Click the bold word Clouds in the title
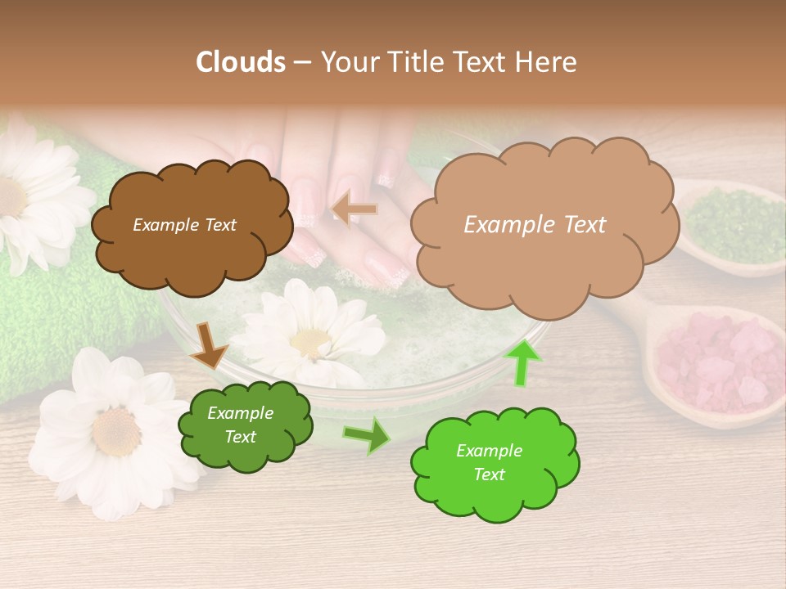pyautogui.click(x=241, y=61)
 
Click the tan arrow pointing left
pyautogui.click(x=355, y=209)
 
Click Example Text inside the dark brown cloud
pyautogui.click(x=184, y=225)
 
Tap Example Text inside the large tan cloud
pyautogui.click(x=535, y=224)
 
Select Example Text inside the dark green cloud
pyautogui.click(x=240, y=425)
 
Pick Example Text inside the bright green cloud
pyautogui.click(x=489, y=462)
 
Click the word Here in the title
pyautogui.click(x=549, y=61)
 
